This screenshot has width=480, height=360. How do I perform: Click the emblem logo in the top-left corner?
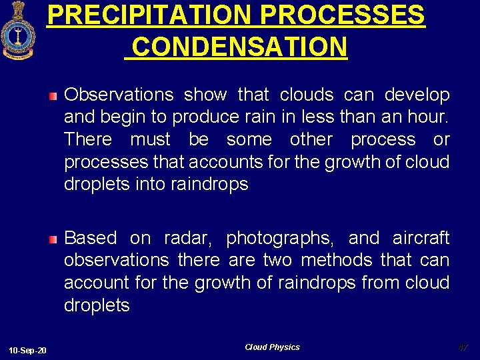pyautogui.click(x=18, y=31)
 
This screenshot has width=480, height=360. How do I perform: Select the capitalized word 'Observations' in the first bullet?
pyautogui.click(x=118, y=95)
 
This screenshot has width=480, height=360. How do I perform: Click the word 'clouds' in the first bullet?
pyautogui.click(x=306, y=95)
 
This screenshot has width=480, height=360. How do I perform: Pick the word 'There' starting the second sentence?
pyautogui.click(x=88, y=139)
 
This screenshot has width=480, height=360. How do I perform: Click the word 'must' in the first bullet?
pyautogui.click(x=150, y=139)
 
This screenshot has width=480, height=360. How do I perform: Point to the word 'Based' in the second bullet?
pyautogui.click(x=91, y=238)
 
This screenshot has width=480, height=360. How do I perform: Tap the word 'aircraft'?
pyautogui.click(x=421, y=238)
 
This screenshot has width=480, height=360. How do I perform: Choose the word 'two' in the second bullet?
pyautogui.click(x=277, y=260)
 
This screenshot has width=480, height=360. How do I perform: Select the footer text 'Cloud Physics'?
pyautogui.click(x=272, y=347)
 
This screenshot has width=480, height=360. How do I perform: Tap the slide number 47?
pyautogui.click(x=463, y=347)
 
